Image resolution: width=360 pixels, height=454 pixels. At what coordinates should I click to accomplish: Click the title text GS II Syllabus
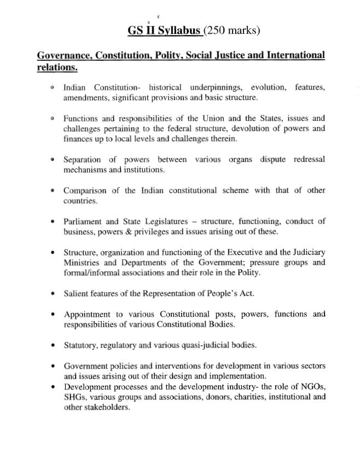click(x=164, y=31)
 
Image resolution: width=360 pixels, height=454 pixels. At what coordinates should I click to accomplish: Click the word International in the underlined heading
click(x=288, y=55)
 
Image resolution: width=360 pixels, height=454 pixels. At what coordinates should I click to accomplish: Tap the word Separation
click(x=82, y=160)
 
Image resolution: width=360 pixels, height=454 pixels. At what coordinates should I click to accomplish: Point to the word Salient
click(x=77, y=294)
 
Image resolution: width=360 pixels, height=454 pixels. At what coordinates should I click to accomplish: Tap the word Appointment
click(x=88, y=314)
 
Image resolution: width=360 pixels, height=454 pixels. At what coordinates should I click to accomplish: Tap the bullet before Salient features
click(x=52, y=294)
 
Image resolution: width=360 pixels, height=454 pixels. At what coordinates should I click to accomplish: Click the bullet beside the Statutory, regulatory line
click(x=52, y=345)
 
